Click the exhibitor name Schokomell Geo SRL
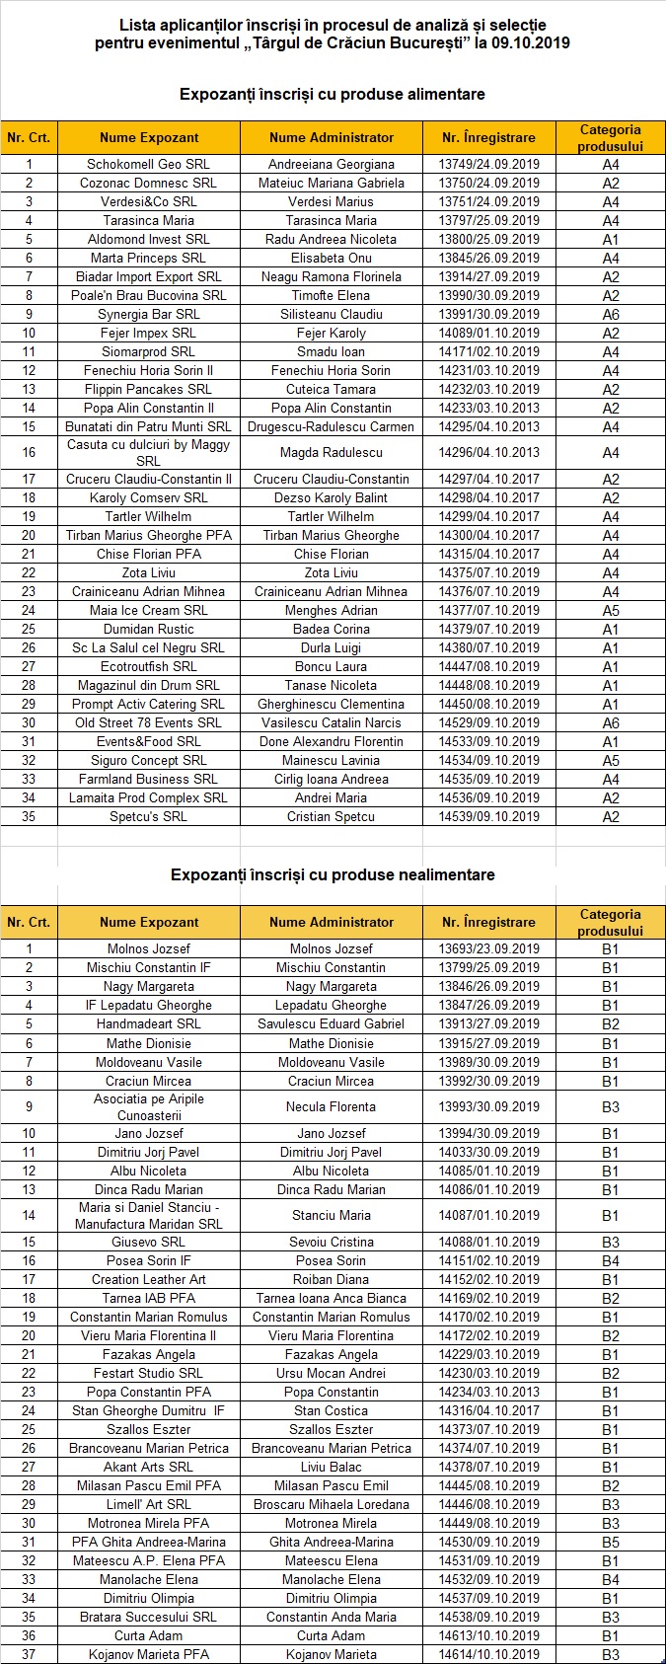click(x=148, y=165)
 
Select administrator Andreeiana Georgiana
click(x=332, y=165)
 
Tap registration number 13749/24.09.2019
click(x=489, y=165)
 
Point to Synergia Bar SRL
click(x=148, y=315)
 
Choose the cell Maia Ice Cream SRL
click(x=148, y=611)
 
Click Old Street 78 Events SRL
click(x=148, y=723)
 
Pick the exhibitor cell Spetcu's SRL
click(x=148, y=817)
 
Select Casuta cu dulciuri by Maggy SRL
click(x=148, y=453)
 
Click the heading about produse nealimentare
click(x=333, y=875)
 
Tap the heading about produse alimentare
click(x=333, y=95)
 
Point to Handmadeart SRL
click(x=148, y=1024)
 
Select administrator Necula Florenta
click(x=332, y=1107)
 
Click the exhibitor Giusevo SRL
click(x=148, y=1243)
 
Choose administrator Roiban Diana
click(x=332, y=1280)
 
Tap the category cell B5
click(x=611, y=1543)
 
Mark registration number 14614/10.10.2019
click(x=489, y=1655)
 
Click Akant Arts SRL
click(x=148, y=1468)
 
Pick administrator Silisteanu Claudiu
click(x=332, y=315)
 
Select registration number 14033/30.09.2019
click(x=489, y=1153)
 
